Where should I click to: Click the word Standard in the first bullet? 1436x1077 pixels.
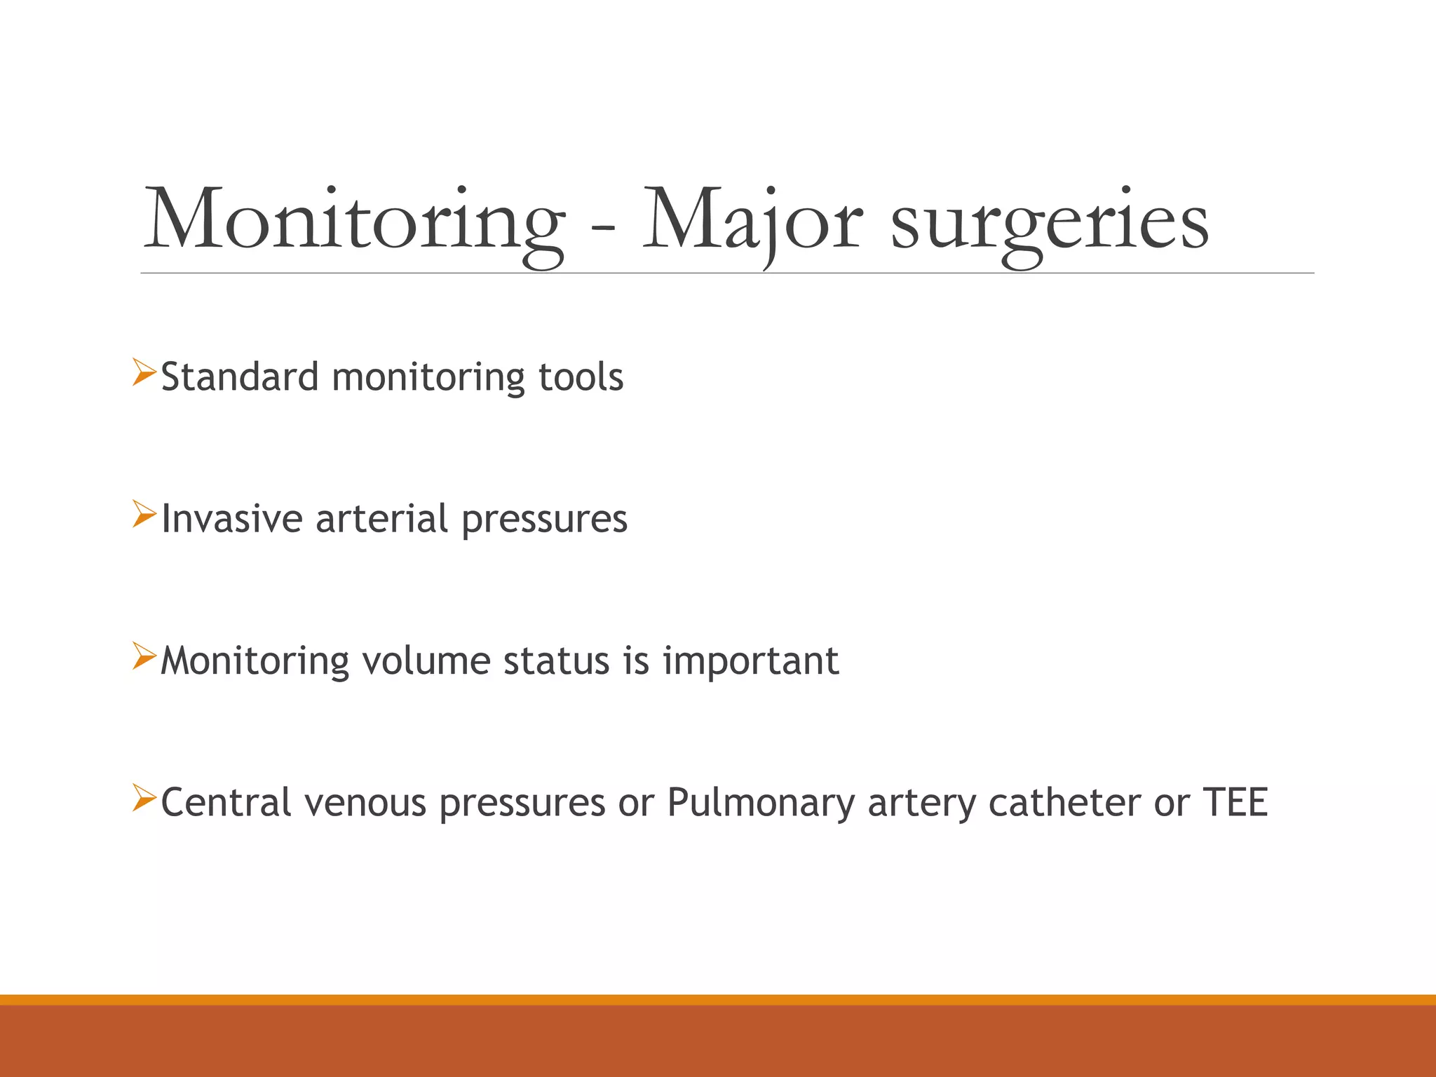241,377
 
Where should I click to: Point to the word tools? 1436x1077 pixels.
581,377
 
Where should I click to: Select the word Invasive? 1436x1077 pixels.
231,519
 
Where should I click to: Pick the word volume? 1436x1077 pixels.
426,661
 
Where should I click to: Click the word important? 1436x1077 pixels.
750,662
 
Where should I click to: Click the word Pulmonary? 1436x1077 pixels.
760,804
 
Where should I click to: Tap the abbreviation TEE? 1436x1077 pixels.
1235,802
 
